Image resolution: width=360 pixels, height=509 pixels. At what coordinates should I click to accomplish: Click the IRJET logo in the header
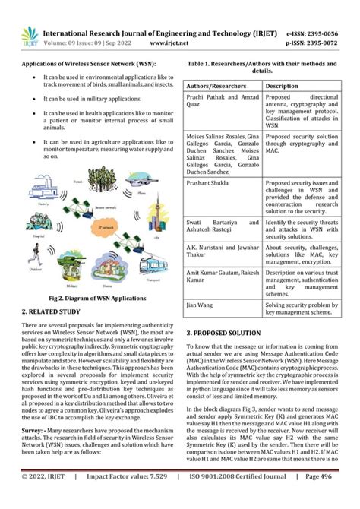pyautogui.click(x=29, y=37)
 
